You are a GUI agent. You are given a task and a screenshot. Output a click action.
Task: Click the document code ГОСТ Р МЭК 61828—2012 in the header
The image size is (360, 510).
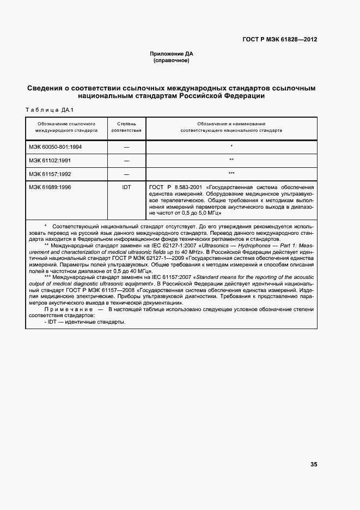pyautogui.click(x=280, y=40)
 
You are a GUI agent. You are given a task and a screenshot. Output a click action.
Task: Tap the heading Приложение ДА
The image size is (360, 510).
pyautogui.click(x=172, y=54)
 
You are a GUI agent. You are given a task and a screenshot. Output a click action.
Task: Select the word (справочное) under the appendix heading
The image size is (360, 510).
pyautogui.click(x=172, y=60)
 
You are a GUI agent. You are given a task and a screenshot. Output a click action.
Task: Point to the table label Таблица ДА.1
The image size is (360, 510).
pyautogui.click(x=46, y=110)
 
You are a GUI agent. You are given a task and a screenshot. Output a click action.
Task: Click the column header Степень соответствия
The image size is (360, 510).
pyautogui.click(x=126, y=127)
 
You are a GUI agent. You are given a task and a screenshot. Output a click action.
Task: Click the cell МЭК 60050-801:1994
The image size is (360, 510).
pyautogui.click(x=56, y=147)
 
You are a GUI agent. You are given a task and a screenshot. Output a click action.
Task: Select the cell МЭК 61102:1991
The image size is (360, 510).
pyautogui.click(x=50, y=160)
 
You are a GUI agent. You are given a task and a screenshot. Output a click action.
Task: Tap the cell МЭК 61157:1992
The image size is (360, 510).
pyautogui.click(x=50, y=174)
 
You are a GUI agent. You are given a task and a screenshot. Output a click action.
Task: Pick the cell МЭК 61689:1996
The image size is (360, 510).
pyautogui.click(x=50, y=187)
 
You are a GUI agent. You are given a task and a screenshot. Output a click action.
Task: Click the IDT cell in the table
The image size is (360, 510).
pyautogui.click(x=126, y=187)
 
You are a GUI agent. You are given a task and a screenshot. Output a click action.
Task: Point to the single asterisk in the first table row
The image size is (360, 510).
pyautogui.click(x=231, y=147)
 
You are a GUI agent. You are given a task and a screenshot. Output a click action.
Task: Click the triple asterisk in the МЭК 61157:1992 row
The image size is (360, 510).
pyautogui.click(x=231, y=174)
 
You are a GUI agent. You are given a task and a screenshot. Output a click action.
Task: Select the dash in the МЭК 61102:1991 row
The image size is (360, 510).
pyautogui.click(x=126, y=161)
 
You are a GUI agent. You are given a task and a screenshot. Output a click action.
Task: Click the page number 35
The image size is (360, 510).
pyautogui.click(x=314, y=464)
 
